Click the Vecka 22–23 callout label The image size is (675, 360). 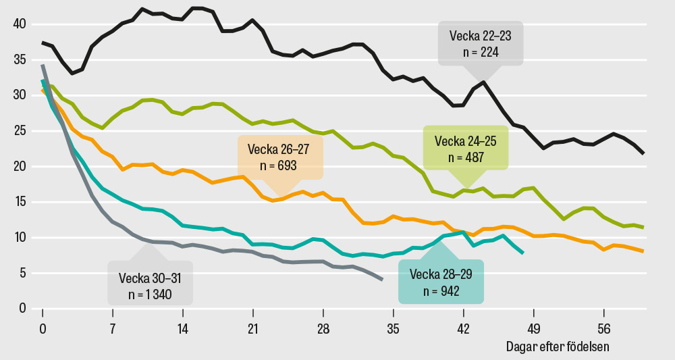[481, 43]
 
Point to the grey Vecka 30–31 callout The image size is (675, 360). [150, 285]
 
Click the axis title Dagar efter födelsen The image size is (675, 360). [558, 346]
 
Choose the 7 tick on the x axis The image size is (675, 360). [113, 329]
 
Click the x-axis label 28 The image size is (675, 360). [323, 329]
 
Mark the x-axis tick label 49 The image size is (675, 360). [534, 329]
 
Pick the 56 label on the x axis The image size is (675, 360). [604, 329]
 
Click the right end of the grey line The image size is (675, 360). [383, 280]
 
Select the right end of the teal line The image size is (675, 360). [523, 253]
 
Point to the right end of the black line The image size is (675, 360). [643, 154]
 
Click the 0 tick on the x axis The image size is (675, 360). [43, 329]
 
